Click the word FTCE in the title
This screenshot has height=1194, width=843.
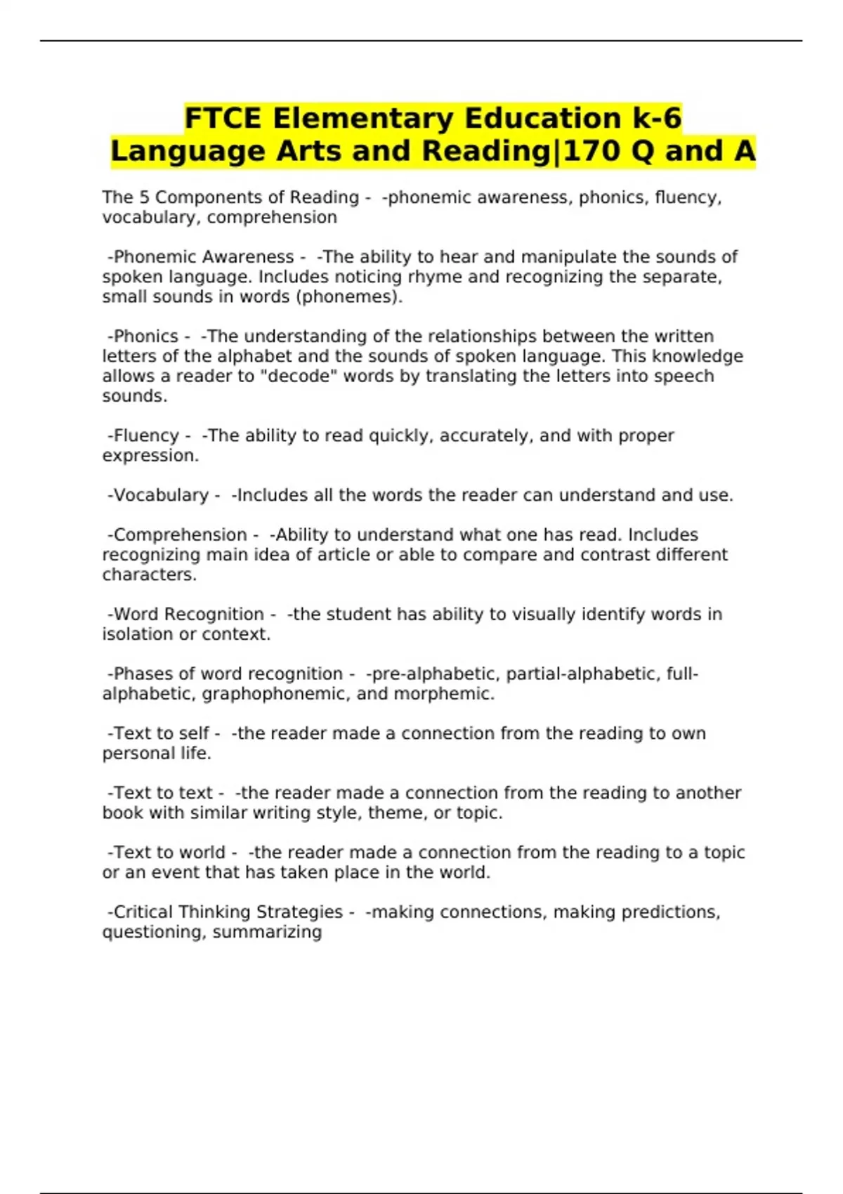click(x=223, y=118)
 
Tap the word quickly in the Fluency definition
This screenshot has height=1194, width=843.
click(x=401, y=435)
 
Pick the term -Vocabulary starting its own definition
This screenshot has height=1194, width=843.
click(x=158, y=495)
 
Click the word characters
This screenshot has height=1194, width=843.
click(x=149, y=574)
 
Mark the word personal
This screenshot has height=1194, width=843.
click(x=138, y=753)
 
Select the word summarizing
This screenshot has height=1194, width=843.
click(x=267, y=932)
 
